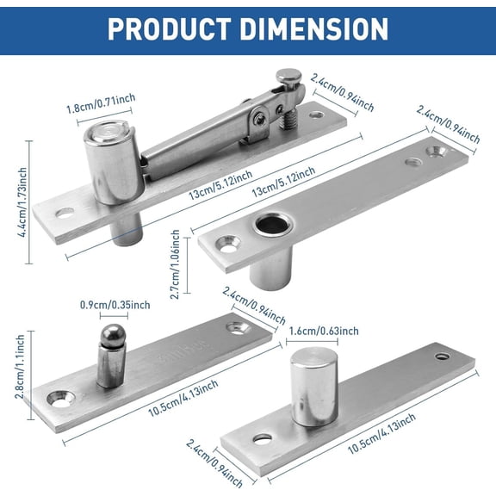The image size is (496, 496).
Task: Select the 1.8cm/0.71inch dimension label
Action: click(102, 109)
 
